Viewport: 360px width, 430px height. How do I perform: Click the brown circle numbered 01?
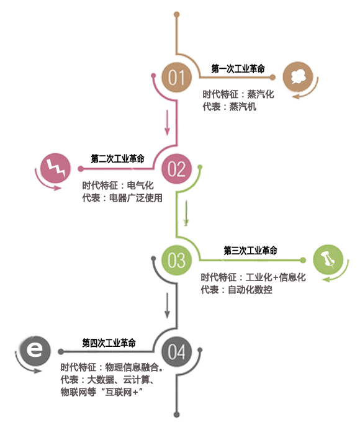pos(176,77)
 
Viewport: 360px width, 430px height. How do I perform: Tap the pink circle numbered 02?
pos(176,168)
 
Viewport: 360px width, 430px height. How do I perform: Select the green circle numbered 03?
pos(176,260)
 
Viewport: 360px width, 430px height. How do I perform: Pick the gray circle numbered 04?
pos(176,351)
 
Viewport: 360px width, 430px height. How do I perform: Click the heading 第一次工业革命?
pos(238,68)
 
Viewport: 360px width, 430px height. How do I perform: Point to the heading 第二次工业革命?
pos(117,158)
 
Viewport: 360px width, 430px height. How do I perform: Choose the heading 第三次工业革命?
pos(250,250)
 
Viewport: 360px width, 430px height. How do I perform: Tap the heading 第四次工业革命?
pos(109,343)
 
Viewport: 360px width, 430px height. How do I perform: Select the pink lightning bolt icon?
pos(55,168)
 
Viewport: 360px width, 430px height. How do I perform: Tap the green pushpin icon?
pos(328,259)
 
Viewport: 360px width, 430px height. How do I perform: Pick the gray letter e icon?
pos(35,351)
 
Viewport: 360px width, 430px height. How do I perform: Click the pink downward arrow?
pos(167,123)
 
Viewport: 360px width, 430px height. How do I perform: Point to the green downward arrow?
pos(186,213)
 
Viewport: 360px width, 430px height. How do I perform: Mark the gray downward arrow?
pos(167,305)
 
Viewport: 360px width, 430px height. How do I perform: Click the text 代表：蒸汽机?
pos(230,106)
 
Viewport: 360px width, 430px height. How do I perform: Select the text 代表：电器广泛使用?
pos(122,198)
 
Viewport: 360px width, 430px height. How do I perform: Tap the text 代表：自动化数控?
pos(236,289)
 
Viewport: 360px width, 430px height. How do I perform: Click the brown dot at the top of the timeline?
pos(177,14)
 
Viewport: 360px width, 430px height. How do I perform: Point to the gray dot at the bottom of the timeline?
pos(176,414)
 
